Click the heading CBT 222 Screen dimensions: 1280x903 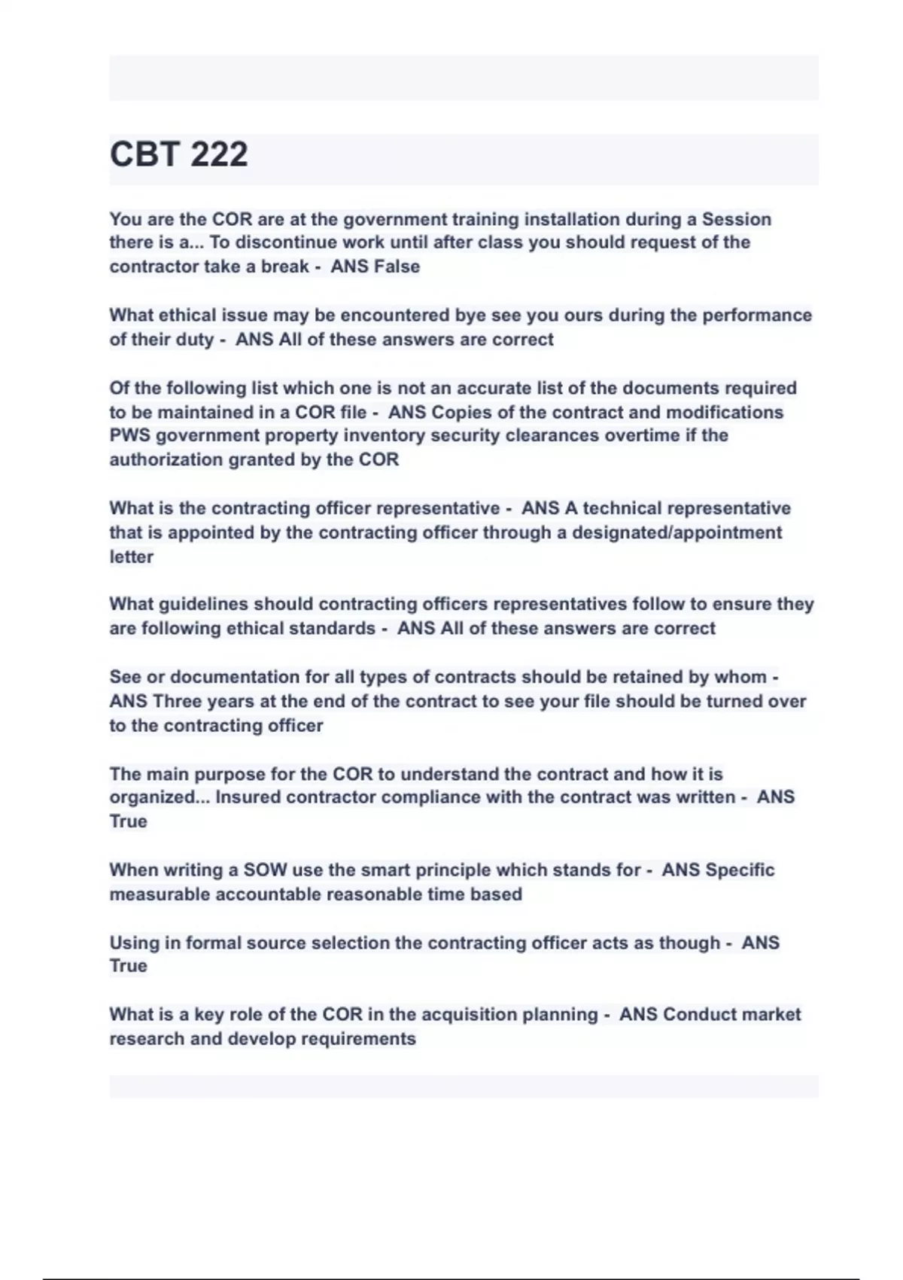tap(178, 154)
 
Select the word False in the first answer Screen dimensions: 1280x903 tap(397, 267)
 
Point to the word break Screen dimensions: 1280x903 tap(285, 267)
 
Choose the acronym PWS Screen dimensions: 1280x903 tap(130, 436)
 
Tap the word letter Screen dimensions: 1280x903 tap(131, 557)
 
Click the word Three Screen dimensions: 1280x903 tap(177, 702)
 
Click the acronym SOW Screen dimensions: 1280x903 tap(266, 870)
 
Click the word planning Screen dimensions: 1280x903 tap(559, 1015)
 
